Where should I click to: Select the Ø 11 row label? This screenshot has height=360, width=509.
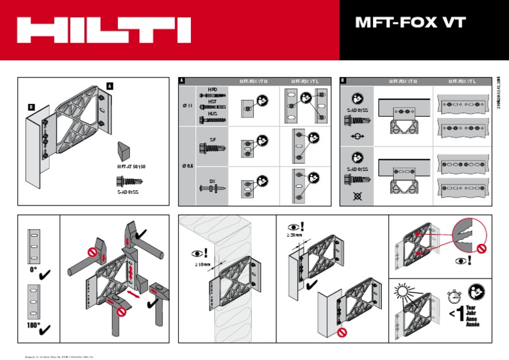click(x=187, y=105)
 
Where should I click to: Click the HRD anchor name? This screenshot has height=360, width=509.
click(x=213, y=88)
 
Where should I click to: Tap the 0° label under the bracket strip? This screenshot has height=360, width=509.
click(x=32, y=270)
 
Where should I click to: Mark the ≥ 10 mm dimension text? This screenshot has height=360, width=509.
click(x=202, y=265)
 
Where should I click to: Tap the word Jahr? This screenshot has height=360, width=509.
click(x=473, y=314)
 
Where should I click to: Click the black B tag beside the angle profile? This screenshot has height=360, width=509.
click(x=31, y=106)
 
